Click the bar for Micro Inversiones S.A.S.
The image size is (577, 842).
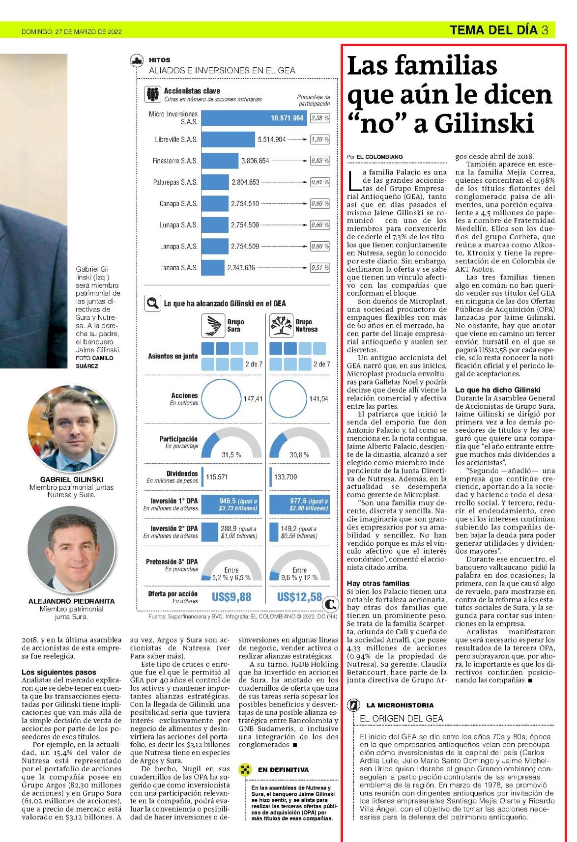click(254, 118)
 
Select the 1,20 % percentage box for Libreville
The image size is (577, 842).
click(320, 140)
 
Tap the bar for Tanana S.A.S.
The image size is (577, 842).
click(213, 268)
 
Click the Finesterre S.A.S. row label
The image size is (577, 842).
click(175, 161)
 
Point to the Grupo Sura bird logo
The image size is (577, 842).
click(213, 326)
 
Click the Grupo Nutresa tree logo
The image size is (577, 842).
click(281, 326)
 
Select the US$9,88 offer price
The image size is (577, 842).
click(231, 597)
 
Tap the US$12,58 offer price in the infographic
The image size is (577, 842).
click(300, 597)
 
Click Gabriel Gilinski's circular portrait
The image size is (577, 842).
click(71, 428)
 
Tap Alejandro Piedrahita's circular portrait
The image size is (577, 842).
click(71, 550)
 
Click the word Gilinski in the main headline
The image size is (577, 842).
click(485, 124)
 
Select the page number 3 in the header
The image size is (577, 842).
click(545, 30)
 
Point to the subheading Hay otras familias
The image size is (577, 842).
click(378, 584)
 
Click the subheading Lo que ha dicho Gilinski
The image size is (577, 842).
click(498, 390)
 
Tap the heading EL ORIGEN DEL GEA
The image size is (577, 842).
click(402, 718)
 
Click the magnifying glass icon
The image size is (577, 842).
click(153, 303)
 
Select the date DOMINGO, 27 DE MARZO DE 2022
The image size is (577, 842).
click(71, 31)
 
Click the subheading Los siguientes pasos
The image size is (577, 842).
click(58, 672)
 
